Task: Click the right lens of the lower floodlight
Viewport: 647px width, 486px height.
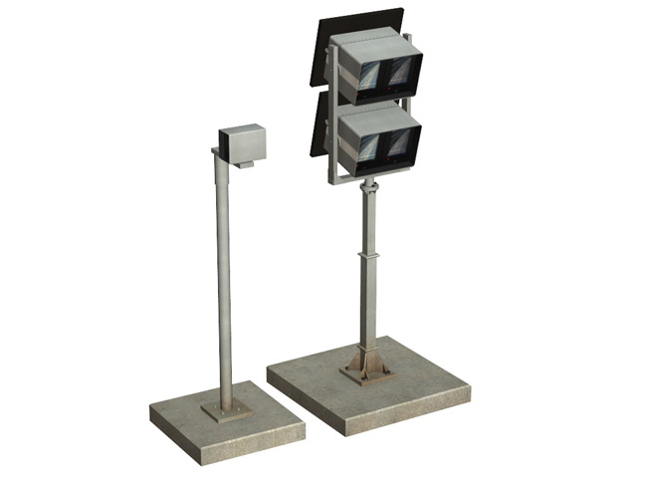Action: tap(400, 145)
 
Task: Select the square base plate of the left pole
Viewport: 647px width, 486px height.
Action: tap(227, 410)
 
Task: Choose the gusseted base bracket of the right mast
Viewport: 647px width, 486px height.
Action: tap(366, 364)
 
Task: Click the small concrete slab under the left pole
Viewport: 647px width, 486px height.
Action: tap(227, 423)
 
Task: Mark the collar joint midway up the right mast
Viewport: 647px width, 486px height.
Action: tap(368, 258)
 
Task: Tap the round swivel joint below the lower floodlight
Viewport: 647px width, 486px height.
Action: tap(369, 184)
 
